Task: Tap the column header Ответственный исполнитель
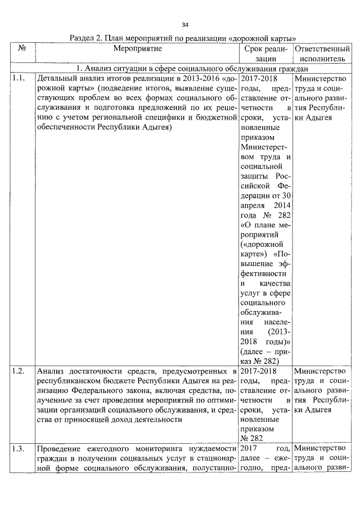322,54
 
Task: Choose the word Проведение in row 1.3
62,449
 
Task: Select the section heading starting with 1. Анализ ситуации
186,67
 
